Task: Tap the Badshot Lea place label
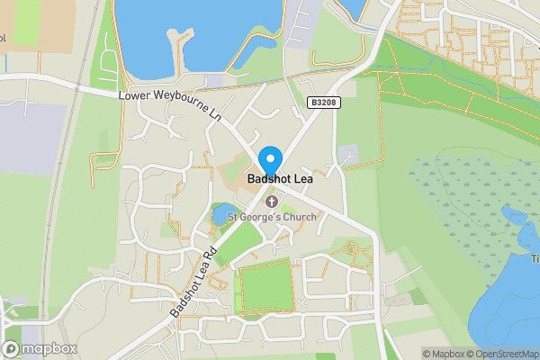[280, 180]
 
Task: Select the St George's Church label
[271, 216]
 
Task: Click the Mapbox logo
[38, 348]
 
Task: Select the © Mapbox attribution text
[445, 354]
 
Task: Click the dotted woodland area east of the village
[459, 207]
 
